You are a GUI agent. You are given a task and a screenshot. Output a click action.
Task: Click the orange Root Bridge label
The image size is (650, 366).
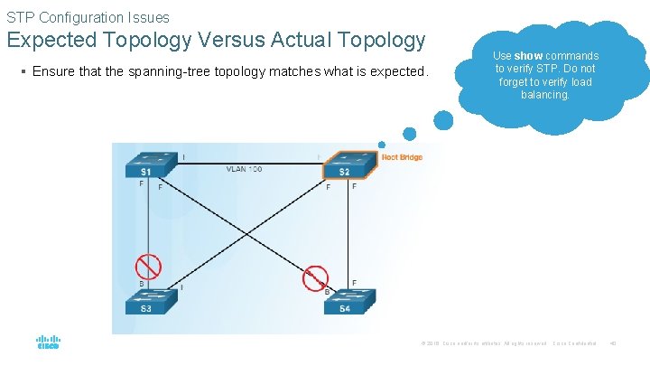pos(402,158)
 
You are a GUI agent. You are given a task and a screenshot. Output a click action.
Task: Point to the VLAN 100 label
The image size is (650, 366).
pos(244,169)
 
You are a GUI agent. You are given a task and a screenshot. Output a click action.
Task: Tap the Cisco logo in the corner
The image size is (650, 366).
pos(48,343)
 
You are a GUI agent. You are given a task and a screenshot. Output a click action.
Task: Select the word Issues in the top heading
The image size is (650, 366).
pos(148,17)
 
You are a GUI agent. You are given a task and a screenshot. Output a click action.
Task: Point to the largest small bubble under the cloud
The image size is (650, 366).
pos(443,120)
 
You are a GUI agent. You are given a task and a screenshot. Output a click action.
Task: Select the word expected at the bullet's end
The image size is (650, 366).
pos(395,71)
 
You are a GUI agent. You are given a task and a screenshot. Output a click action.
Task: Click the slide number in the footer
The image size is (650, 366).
pos(612,343)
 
